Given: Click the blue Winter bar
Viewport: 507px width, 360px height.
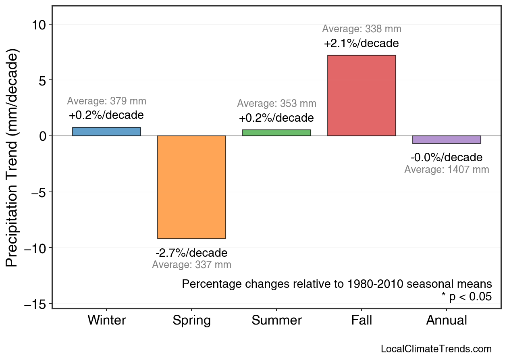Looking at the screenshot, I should (106, 132).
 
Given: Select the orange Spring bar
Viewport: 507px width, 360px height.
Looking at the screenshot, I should (191, 187).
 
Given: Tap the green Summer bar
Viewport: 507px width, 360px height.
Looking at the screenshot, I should (276, 133).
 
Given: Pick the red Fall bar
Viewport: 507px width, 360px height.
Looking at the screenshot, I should (362, 96).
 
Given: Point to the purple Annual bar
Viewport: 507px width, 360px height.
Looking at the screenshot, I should (447, 139).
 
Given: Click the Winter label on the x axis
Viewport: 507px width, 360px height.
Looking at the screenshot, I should (106, 320).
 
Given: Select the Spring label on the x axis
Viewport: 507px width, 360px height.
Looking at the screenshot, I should (191, 320).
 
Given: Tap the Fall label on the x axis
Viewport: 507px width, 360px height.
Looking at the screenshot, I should (362, 320).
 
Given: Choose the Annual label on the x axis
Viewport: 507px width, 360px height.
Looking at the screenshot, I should (447, 320).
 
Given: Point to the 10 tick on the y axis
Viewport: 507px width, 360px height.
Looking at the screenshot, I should (39, 25).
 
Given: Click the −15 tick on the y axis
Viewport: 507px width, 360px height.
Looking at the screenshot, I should (35, 304).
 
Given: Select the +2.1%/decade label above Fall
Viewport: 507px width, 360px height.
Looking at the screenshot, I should (362, 43).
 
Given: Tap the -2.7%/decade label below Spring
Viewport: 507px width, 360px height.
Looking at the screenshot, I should (191, 253).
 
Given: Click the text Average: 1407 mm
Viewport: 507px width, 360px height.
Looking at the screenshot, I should (447, 170).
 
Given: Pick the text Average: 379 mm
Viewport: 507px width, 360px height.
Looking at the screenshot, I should (106, 101).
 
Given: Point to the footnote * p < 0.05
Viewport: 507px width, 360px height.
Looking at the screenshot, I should (466, 297).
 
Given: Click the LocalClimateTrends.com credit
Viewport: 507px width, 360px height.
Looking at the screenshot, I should (436, 349).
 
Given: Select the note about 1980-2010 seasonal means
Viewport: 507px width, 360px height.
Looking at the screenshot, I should (337, 284).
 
